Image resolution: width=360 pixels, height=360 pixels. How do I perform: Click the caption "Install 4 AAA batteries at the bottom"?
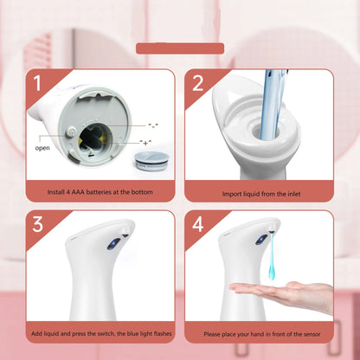tap(100, 191)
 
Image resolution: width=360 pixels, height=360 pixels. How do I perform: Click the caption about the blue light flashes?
tap(100, 332)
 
